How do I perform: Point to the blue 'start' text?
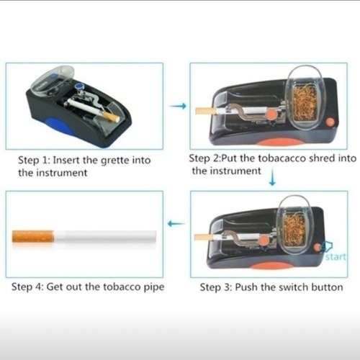[x=336, y=256]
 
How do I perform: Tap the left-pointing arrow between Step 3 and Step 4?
[x=176, y=224]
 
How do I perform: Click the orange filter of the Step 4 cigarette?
[x=33, y=236]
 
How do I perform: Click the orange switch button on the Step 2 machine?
[x=330, y=122]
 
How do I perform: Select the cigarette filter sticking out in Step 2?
[x=206, y=112]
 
